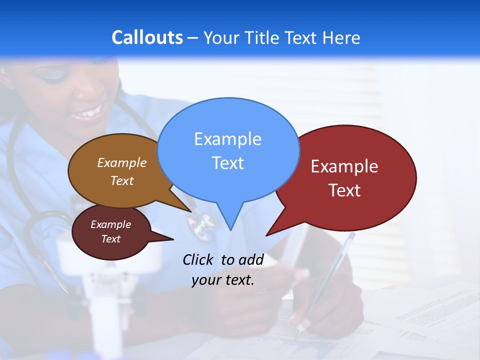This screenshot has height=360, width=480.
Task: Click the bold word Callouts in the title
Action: click(x=147, y=37)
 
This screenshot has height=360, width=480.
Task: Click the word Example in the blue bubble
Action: click(x=227, y=138)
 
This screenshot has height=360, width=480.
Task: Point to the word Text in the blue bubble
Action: click(x=227, y=163)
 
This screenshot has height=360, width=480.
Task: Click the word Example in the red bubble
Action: click(x=344, y=166)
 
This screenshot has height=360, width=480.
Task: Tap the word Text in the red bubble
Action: click(x=344, y=190)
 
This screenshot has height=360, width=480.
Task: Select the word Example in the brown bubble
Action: click(x=121, y=162)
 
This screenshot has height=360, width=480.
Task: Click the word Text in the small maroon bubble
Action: click(x=110, y=239)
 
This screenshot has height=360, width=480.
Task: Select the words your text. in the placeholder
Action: click(x=223, y=280)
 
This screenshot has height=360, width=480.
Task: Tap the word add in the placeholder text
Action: click(x=250, y=259)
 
